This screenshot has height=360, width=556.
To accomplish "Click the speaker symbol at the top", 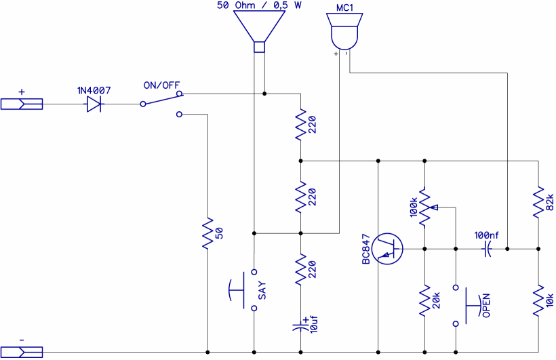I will [258, 31].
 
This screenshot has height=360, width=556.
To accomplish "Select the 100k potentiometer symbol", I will [425, 207].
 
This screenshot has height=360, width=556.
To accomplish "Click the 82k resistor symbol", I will [539, 202].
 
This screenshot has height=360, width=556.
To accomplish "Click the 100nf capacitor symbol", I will [487, 249].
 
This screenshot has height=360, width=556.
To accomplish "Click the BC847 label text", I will [366, 249].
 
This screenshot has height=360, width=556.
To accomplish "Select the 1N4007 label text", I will [94, 90].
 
